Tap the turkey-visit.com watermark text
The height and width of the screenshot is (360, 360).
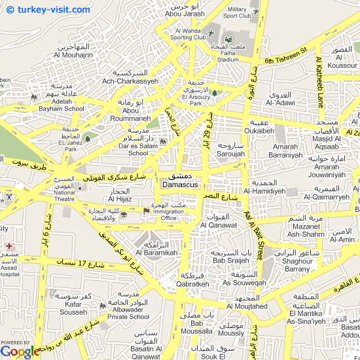pyautogui.click(x=50, y=10)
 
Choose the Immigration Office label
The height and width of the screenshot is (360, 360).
pyautogui.click(x=170, y=213)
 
